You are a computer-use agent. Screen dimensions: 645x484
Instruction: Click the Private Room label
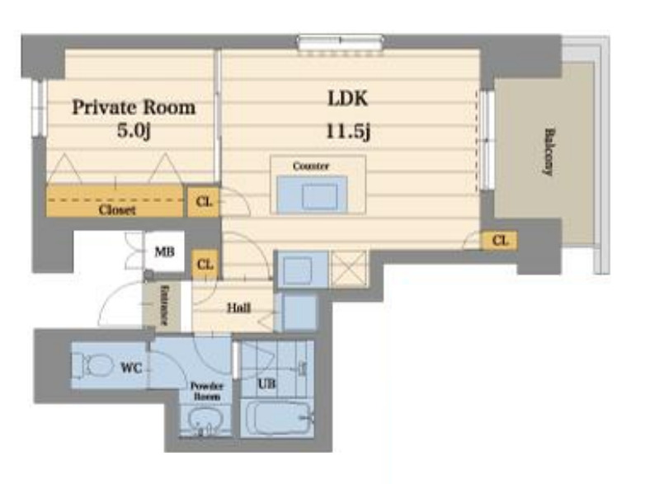pos(134,107)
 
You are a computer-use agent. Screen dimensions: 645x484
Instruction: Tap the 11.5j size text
pos(348,132)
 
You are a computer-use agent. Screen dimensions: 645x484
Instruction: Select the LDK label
pos(347,99)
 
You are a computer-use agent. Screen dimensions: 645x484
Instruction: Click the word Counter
pos(311,166)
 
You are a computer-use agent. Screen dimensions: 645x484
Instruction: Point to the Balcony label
pos(548,153)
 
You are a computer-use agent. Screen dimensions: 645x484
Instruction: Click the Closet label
pos(117,210)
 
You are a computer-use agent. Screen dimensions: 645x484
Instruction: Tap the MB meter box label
pos(164,251)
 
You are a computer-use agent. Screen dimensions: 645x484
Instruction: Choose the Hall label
pos(239,308)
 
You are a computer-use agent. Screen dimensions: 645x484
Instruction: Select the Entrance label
pos(164,305)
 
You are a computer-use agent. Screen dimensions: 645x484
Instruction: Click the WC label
pos(132,368)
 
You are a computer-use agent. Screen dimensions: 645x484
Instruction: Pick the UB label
pos(266,384)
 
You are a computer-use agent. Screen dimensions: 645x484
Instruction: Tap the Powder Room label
pos(206,392)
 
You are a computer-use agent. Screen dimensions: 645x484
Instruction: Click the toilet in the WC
pos(95,364)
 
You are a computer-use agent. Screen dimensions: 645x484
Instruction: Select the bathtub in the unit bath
pos(278,418)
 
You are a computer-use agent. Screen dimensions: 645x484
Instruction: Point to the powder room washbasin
pos(205,422)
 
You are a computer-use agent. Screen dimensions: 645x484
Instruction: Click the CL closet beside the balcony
pos(500,240)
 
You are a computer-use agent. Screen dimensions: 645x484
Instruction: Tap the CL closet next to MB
pos(205,265)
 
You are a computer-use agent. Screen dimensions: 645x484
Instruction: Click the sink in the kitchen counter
pos(320,197)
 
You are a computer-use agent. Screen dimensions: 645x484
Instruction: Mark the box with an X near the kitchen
pos(348,268)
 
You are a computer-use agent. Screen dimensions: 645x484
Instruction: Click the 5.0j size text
pos(134,131)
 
